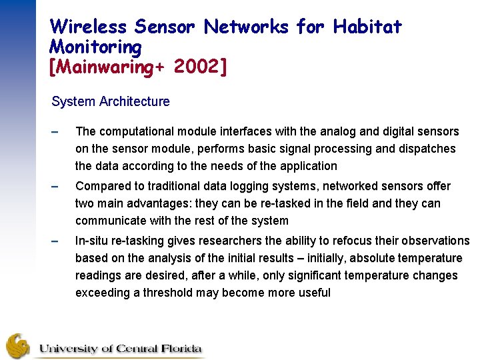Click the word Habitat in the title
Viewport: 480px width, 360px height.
[x=367, y=27]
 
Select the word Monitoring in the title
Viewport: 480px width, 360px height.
[x=96, y=47]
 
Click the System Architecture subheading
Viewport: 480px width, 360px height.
[x=111, y=102]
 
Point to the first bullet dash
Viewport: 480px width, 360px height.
[x=55, y=132]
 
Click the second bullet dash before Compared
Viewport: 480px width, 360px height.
[x=55, y=187]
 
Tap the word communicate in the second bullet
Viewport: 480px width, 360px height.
[x=109, y=221]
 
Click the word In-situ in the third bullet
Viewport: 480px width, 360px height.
[x=93, y=241]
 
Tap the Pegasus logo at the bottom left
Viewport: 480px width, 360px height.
[x=19, y=345]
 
